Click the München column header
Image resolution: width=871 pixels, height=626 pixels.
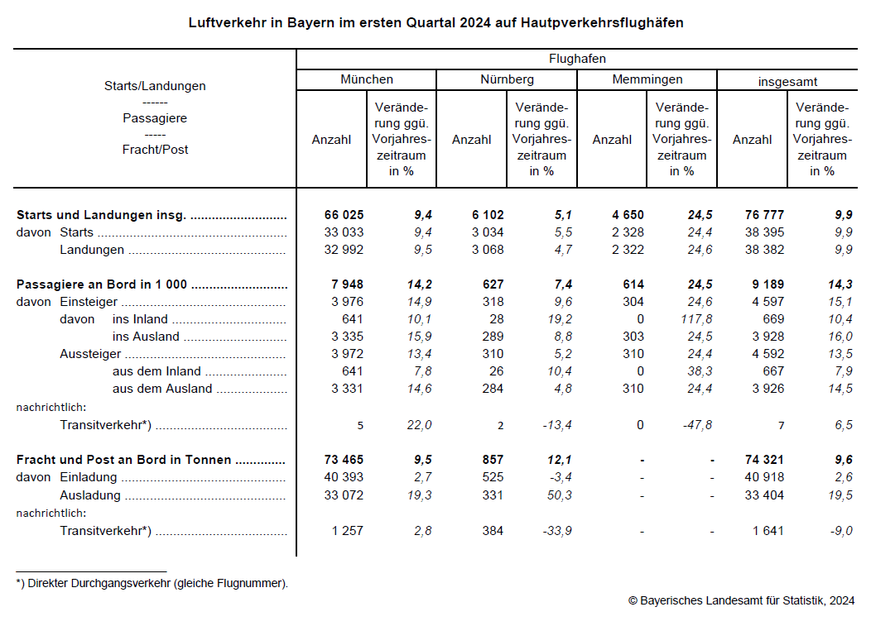[x=366, y=79]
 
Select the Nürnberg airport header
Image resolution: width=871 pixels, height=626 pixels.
[x=507, y=79]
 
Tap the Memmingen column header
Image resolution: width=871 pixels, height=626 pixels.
[x=647, y=79]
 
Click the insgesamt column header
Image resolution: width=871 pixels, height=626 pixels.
[x=787, y=81]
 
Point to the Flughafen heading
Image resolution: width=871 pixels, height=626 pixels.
[x=577, y=59]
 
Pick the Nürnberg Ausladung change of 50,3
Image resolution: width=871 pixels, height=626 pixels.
[x=555, y=495]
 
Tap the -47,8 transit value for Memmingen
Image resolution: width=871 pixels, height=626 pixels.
[x=694, y=425]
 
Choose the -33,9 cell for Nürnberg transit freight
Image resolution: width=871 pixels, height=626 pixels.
[x=555, y=531]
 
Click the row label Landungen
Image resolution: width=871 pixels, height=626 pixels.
[x=92, y=250]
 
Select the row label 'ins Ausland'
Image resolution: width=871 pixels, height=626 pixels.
[x=146, y=337]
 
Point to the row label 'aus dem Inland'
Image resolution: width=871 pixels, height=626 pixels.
[x=156, y=371]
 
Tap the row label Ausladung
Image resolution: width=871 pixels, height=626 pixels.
[x=90, y=495]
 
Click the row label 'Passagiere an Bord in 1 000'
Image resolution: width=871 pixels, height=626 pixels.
[x=102, y=284]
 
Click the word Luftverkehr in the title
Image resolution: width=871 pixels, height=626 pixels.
[x=224, y=23]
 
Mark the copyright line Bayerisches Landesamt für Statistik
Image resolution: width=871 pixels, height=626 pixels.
[x=741, y=600]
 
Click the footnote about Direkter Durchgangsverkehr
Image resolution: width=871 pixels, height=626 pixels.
[x=152, y=583]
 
